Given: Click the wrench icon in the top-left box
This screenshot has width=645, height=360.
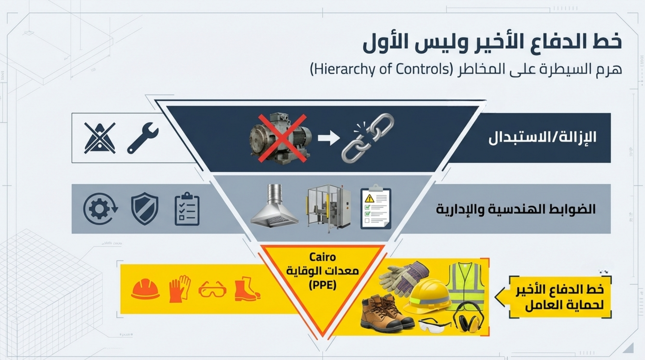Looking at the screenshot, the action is tap(142, 138).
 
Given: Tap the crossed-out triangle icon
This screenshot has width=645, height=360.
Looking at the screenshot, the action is tap(100, 138).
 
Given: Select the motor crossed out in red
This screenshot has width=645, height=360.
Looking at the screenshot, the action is tap(280, 138).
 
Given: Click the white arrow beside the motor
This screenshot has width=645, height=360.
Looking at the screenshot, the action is tap(328, 138).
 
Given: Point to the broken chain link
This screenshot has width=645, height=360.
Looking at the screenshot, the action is tap(368, 137).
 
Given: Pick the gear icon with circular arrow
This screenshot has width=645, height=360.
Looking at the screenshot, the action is tap(100, 209).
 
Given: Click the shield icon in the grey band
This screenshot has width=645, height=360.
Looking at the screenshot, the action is tap(145, 209).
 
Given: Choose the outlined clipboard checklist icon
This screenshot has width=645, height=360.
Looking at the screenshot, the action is tap(187, 209).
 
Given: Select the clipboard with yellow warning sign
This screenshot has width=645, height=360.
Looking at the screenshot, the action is tap(376, 208).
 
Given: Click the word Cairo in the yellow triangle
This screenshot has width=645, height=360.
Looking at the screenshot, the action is tap(322, 257).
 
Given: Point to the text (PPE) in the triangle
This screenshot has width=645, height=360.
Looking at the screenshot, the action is tap(322, 285).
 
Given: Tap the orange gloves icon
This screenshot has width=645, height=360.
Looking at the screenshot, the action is tap(180, 289).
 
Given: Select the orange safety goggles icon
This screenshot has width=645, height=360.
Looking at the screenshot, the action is tap(212, 289).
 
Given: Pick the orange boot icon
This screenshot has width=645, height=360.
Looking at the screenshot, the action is tap(247, 289).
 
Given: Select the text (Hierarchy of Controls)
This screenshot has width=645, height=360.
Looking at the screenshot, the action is tap(381, 69).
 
